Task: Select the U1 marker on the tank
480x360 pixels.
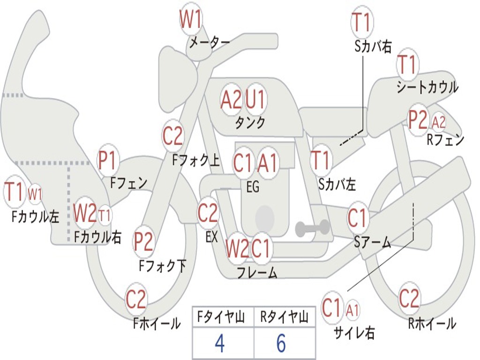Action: pyautogui.click(x=255, y=99)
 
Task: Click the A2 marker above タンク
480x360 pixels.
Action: pyautogui.click(x=231, y=99)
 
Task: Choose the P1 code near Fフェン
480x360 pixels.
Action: pyautogui.click(x=107, y=160)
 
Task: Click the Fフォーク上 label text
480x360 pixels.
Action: pyautogui.click(x=196, y=160)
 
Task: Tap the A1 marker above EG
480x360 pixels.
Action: pyautogui.click(x=267, y=163)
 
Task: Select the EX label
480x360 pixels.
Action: pyautogui.click(x=211, y=236)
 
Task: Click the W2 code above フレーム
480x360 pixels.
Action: pyautogui.click(x=236, y=247)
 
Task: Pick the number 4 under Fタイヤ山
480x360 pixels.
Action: pyautogui.click(x=220, y=343)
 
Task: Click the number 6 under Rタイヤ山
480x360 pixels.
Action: pyautogui.click(x=281, y=343)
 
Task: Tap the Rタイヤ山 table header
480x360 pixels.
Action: pyautogui.click(x=284, y=317)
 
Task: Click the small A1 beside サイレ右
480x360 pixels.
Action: pyautogui.click(x=352, y=311)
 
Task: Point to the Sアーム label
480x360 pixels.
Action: pyautogui.click(x=373, y=242)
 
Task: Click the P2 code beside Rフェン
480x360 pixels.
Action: pyautogui.click(x=418, y=120)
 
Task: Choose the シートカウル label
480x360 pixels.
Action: pyautogui.click(x=427, y=87)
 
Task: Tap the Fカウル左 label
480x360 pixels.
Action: pyautogui.click(x=35, y=217)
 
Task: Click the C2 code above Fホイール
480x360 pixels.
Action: pyautogui.click(x=136, y=299)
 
